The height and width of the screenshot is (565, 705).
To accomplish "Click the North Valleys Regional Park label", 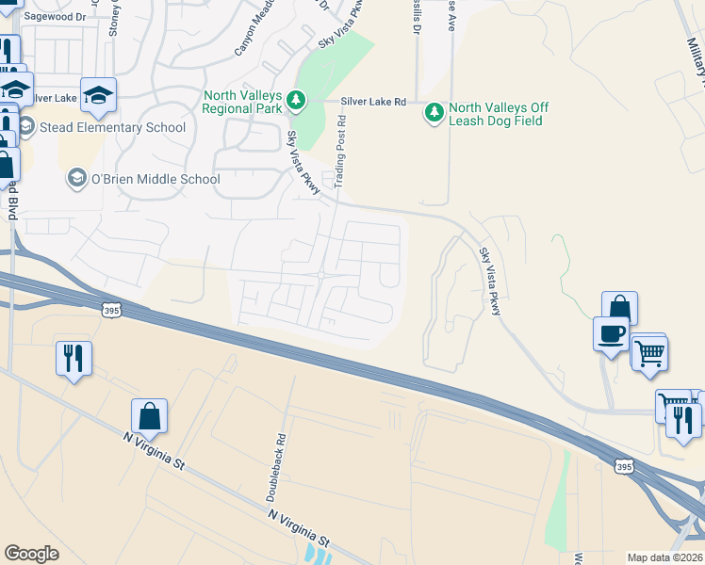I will click(x=242, y=102).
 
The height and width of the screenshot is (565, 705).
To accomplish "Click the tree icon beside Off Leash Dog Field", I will click(x=434, y=112).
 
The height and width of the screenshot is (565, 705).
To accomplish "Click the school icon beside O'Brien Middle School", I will click(x=75, y=178).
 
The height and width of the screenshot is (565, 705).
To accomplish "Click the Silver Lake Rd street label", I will click(x=373, y=102).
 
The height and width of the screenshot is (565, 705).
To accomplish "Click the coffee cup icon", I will click(x=611, y=332).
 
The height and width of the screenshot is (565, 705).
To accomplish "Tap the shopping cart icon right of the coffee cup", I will click(x=649, y=353).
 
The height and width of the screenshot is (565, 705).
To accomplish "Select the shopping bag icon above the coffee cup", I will click(x=619, y=307).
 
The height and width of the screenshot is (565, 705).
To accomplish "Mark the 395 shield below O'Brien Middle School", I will click(x=111, y=309).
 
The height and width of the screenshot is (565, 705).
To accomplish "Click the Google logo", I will click(x=32, y=554).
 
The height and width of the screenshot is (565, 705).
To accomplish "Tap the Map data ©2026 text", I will click(x=664, y=557).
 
